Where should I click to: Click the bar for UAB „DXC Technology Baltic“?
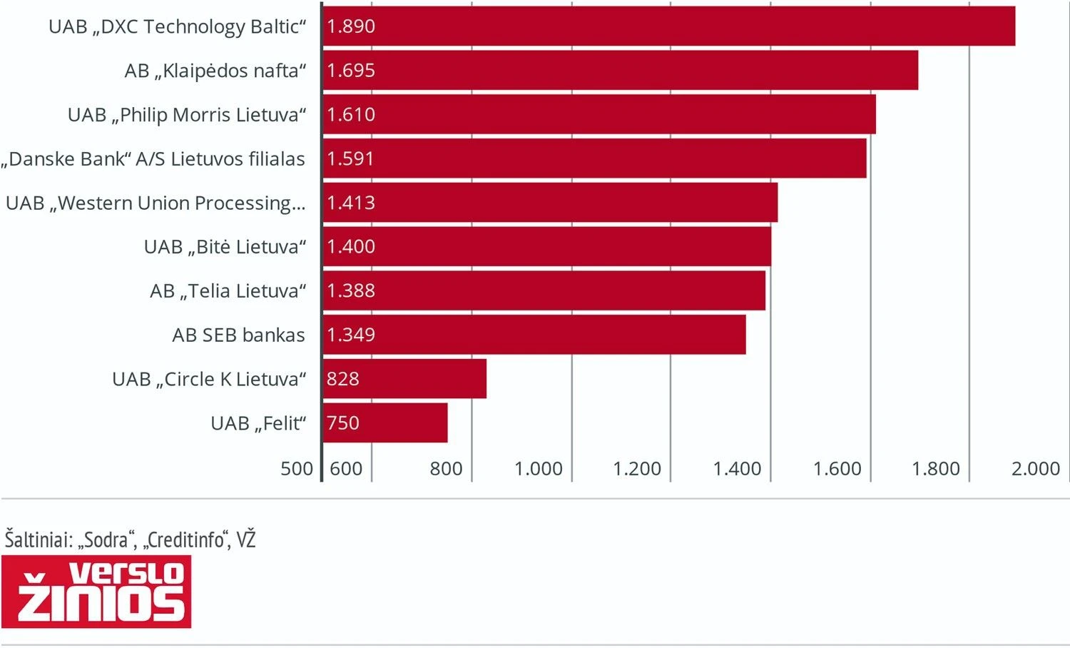pos(668,26)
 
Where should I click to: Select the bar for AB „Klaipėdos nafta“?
pos(620,71)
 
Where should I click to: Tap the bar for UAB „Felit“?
pos(385,423)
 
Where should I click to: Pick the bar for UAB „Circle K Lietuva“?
pos(404,379)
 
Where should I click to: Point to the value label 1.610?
pos(351,115)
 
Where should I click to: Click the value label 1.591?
pos(350,158)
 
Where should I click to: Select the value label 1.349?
pos(351,335)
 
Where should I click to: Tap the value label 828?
pos(343,379)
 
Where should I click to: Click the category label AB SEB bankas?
pos(238,335)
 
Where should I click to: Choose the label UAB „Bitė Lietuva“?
pos(225,247)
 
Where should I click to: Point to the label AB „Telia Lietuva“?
pos(228,291)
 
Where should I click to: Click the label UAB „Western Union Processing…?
pos(156,203)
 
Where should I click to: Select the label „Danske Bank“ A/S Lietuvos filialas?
pos(153,159)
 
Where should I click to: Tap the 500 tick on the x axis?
pos(297,469)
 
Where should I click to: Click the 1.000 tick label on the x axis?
pos(539,469)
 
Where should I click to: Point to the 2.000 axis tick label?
pos(1036,469)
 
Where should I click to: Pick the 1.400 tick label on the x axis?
pos(737,469)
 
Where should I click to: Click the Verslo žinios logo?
pos(96,592)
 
